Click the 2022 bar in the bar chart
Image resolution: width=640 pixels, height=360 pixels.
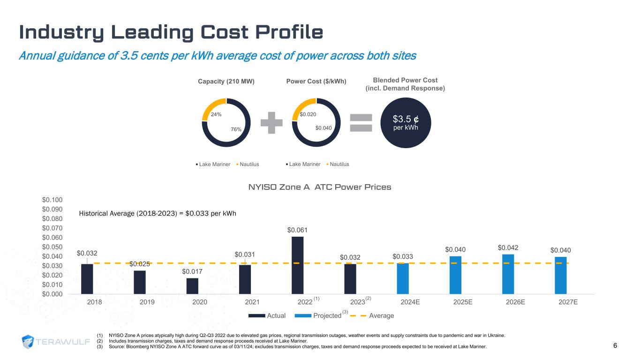tap(297, 265)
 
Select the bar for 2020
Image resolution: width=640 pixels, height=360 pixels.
tap(192, 286)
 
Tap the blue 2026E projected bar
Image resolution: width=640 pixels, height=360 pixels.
tap(508, 274)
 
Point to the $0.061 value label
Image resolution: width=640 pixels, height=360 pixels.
tap(297, 230)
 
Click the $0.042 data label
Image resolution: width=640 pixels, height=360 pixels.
tap(508, 247)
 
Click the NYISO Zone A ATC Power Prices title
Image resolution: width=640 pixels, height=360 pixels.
tap(320, 187)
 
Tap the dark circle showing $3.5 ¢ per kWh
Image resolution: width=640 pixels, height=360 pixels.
tap(405, 122)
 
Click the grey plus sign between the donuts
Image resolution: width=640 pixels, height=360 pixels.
tap(271, 122)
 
